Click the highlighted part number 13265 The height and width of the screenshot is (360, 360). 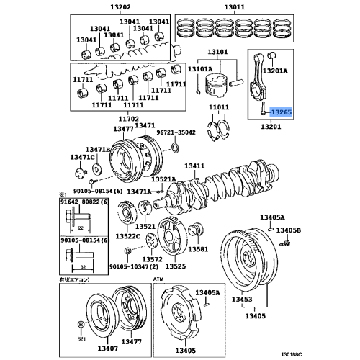tap(279, 112)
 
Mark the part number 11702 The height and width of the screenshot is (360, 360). tap(128, 117)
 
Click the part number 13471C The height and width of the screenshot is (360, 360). tap(83, 156)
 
